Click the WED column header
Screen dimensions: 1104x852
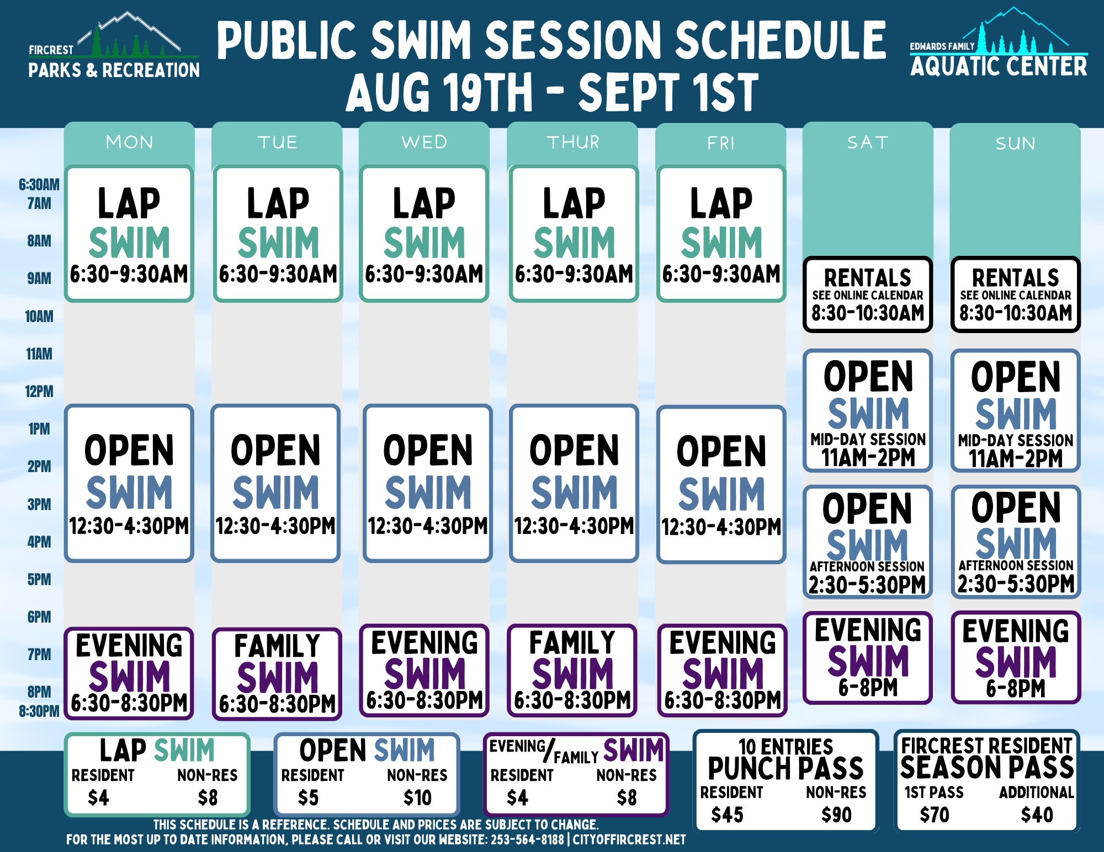click(x=424, y=142)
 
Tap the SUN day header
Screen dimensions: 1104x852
click(x=1015, y=143)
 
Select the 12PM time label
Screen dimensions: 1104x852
click(x=39, y=392)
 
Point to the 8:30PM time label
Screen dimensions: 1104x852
click(x=39, y=711)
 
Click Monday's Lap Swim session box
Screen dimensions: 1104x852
click(x=129, y=234)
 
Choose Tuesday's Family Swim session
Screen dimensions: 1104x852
click(x=277, y=674)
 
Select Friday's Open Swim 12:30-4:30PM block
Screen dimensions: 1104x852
click(x=721, y=484)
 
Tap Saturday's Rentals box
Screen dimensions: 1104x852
click(x=868, y=294)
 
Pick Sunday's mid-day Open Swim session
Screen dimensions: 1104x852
click(x=1016, y=410)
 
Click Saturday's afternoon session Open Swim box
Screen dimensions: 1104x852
click(x=868, y=542)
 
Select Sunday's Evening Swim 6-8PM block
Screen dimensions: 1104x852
click(x=1016, y=657)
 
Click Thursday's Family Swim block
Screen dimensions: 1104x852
click(x=572, y=671)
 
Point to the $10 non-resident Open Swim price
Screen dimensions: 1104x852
click(x=417, y=798)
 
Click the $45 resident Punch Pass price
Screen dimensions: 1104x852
click(x=727, y=815)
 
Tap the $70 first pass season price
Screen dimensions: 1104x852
click(x=934, y=815)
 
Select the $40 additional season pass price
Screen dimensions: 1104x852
click(x=1037, y=815)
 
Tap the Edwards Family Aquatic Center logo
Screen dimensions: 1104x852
click(x=999, y=42)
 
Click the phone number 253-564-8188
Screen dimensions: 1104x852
click(x=527, y=840)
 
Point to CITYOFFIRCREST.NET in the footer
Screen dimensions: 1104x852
click(x=629, y=840)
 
